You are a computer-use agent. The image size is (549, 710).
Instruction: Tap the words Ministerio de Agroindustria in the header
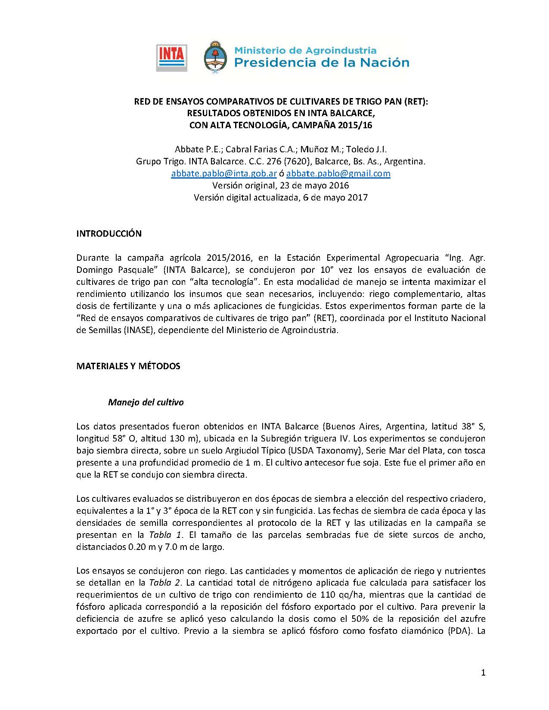(305, 50)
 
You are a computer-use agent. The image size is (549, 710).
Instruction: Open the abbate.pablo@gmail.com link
(338, 173)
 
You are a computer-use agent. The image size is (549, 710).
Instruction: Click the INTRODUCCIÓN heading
(109, 234)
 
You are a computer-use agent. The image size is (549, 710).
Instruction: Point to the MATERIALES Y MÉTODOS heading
(128, 366)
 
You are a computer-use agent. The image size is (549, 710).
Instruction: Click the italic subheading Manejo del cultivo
(146, 402)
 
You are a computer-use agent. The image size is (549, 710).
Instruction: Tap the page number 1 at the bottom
(483, 673)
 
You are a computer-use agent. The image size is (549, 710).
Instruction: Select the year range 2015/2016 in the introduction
(228, 258)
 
